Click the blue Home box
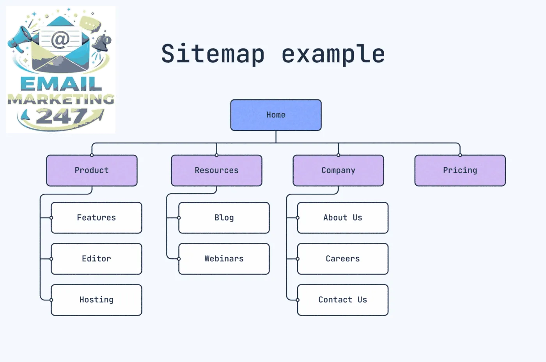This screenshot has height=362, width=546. click(276, 115)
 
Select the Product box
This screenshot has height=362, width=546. click(92, 170)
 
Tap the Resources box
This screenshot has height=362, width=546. click(216, 170)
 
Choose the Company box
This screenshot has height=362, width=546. click(338, 170)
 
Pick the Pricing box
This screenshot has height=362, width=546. click(460, 170)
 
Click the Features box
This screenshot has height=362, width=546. click(96, 218)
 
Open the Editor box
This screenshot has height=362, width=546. click(96, 259)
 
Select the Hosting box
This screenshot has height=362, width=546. click(96, 300)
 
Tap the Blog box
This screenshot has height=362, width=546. click(224, 218)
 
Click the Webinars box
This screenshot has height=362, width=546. click(224, 259)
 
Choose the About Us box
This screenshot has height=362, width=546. click(342, 218)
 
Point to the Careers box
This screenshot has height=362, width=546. click(342, 259)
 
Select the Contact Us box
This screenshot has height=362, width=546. click(342, 300)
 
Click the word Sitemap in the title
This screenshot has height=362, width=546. click(213, 54)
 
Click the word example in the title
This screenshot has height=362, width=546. click(333, 55)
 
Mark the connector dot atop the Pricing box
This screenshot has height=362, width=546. click(460, 155)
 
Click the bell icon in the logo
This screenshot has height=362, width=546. click(103, 43)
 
